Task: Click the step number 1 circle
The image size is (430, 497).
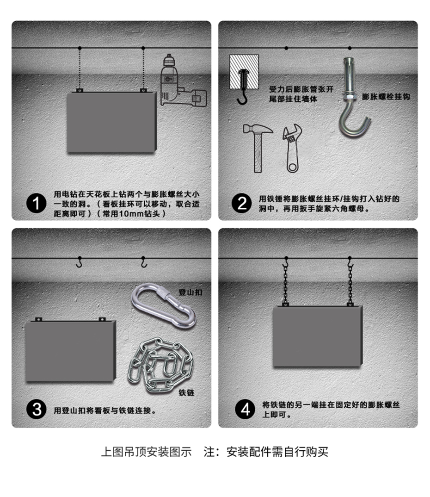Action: click(x=36, y=204)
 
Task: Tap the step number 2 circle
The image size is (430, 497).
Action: click(x=241, y=204)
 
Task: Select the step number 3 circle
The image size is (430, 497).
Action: click(x=36, y=409)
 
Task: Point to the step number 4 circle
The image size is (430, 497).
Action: click(x=245, y=409)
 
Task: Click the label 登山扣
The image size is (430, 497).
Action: click(x=190, y=292)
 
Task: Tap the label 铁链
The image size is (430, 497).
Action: click(x=186, y=392)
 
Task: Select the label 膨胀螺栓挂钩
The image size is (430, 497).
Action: click(x=386, y=97)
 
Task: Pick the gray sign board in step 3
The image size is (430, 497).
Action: click(x=70, y=352)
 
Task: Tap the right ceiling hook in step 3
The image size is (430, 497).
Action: click(x=144, y=263)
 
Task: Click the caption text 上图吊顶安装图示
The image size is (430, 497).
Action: click(x=146, y=452)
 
